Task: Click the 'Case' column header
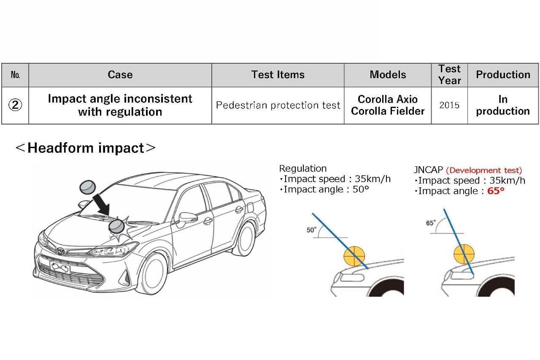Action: pos(120,75)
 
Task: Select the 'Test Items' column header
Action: pos(278,75)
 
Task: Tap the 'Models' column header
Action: pos(388,75)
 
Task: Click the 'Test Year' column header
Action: pos(449,75)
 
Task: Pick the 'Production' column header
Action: pos(503,75)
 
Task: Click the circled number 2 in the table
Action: pos(15,106)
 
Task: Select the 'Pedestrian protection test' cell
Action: pos(278,106)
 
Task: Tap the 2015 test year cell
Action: pos(449,106)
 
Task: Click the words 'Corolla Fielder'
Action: pos(388,111)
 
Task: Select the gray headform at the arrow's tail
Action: pos(87,186)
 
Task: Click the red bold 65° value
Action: pos(496,191)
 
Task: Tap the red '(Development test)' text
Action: pos(484,171)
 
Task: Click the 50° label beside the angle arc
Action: pos(311,230)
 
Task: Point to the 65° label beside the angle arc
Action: pos(430,223)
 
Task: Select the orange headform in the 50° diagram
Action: pos(355,255)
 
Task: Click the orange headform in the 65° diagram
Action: pos(464,254)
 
